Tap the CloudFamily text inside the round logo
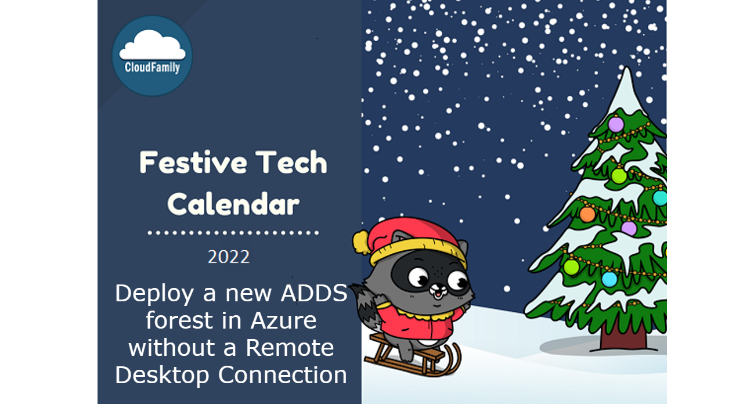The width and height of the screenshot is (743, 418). (x=152, y=67)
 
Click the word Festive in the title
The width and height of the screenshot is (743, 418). (x=185, y=163)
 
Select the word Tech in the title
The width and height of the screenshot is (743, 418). (x=292, y=163)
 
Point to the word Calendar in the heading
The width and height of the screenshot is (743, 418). (x=233, y=204)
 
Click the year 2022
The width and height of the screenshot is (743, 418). (x=229, y=257)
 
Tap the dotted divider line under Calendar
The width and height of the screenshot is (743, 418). (x=233, y=233)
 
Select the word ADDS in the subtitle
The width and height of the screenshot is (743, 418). (x=314, y=293)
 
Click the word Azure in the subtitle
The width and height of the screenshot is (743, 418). (x=283, y=320)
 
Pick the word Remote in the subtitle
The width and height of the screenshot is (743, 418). (x=290, y=348)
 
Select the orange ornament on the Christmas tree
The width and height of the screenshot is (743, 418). (x=587, y=214)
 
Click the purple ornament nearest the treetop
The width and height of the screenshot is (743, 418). (x=616, y=124)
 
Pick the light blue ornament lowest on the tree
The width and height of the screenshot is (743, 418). (x=609, y=279)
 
